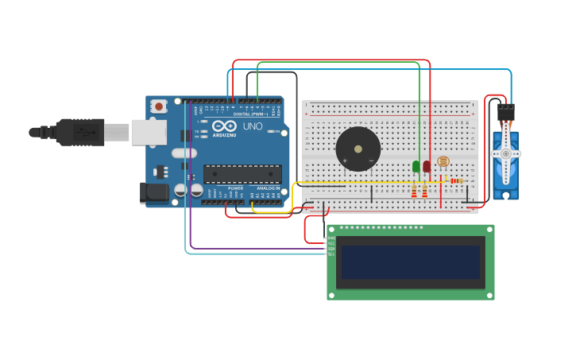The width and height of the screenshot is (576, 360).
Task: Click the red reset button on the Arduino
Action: click(x=159, y=106)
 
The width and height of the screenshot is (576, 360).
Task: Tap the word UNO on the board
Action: click(x=252, y=126)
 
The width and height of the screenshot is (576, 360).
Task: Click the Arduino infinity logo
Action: click(x=224, y=126)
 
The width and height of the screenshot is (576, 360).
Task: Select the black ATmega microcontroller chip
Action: click(x=242, y=174)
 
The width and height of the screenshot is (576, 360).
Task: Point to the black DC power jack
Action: click(x=153, y=192)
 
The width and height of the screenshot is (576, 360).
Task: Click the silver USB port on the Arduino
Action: click(x=149, y=132)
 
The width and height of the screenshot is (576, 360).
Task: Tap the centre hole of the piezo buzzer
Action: click(x=358, y=148)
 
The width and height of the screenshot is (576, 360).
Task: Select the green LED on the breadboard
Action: click(x=416, y=166)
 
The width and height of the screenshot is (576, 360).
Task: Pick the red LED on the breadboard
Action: click(x=427, y=166)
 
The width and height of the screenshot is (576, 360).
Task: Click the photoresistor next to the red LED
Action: click(x=443, y=162)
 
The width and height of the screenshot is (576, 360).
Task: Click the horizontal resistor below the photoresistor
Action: click(x=455, y=180)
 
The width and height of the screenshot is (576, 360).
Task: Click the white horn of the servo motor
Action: click(x=505, y=153)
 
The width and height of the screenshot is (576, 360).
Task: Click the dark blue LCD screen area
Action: click(x=411, y=261)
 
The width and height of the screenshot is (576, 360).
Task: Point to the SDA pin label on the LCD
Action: click(x=331, y=249)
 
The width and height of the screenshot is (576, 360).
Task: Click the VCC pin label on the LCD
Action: click(x=331, y=243)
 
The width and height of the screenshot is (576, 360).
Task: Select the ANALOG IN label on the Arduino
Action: click(x=268, y=188)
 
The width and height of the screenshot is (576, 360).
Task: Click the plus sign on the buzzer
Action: click(x=345, y=161)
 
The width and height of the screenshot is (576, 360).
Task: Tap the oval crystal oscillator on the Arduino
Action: click(x=184, y=153)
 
